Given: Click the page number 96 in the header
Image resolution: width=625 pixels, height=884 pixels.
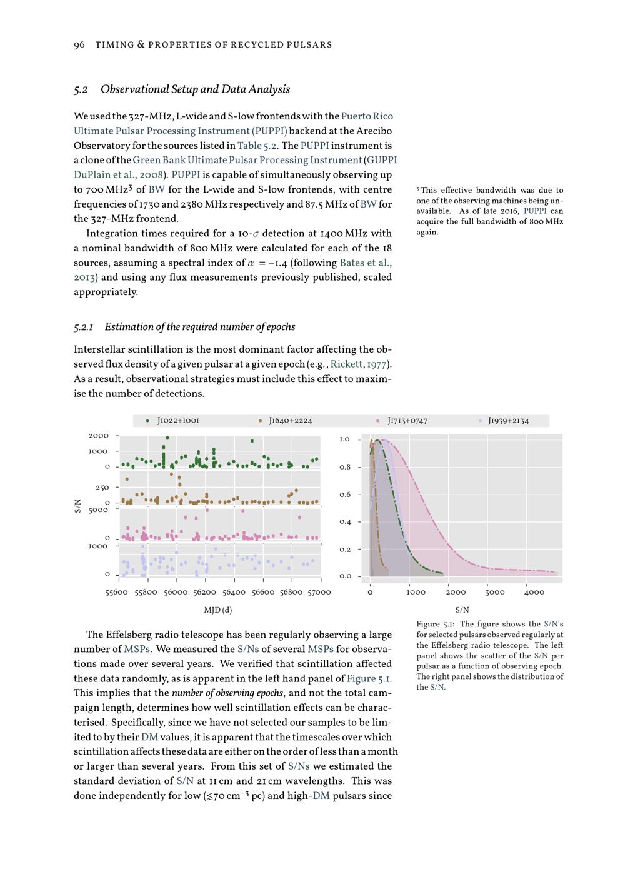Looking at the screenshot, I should tap(79, 44).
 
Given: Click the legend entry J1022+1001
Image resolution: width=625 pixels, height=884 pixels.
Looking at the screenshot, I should tap(178, 421).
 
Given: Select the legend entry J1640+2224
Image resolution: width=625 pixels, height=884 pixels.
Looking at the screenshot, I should tap(290, 421).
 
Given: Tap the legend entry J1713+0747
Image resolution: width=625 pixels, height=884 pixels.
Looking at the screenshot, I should tap(407, 421).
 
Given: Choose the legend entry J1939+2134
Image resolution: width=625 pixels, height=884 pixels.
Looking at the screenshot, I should tap(508, 421).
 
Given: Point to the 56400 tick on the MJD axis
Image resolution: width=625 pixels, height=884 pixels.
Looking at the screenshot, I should tap(234, 592).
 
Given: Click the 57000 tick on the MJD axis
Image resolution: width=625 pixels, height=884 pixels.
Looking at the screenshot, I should tap(320, 592).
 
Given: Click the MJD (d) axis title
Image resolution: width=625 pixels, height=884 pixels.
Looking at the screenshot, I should tap(218, 610).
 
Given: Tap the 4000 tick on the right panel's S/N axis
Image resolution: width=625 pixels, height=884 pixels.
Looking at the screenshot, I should tap(534, 592).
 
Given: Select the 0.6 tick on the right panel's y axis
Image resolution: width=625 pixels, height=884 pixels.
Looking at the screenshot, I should tap(345, 495).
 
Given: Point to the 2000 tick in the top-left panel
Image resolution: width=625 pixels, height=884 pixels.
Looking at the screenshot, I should tap(99, 436).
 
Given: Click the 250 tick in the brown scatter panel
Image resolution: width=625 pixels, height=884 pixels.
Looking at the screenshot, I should tap(102, 488).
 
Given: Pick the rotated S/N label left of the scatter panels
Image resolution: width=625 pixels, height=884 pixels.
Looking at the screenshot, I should tap(78, 505).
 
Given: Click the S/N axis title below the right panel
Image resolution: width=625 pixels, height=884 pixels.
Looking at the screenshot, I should tap(462, 610).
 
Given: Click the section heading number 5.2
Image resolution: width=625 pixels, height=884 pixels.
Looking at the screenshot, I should tap(81, 89).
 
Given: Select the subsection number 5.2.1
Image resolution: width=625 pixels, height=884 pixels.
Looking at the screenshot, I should tap(84, 327).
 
